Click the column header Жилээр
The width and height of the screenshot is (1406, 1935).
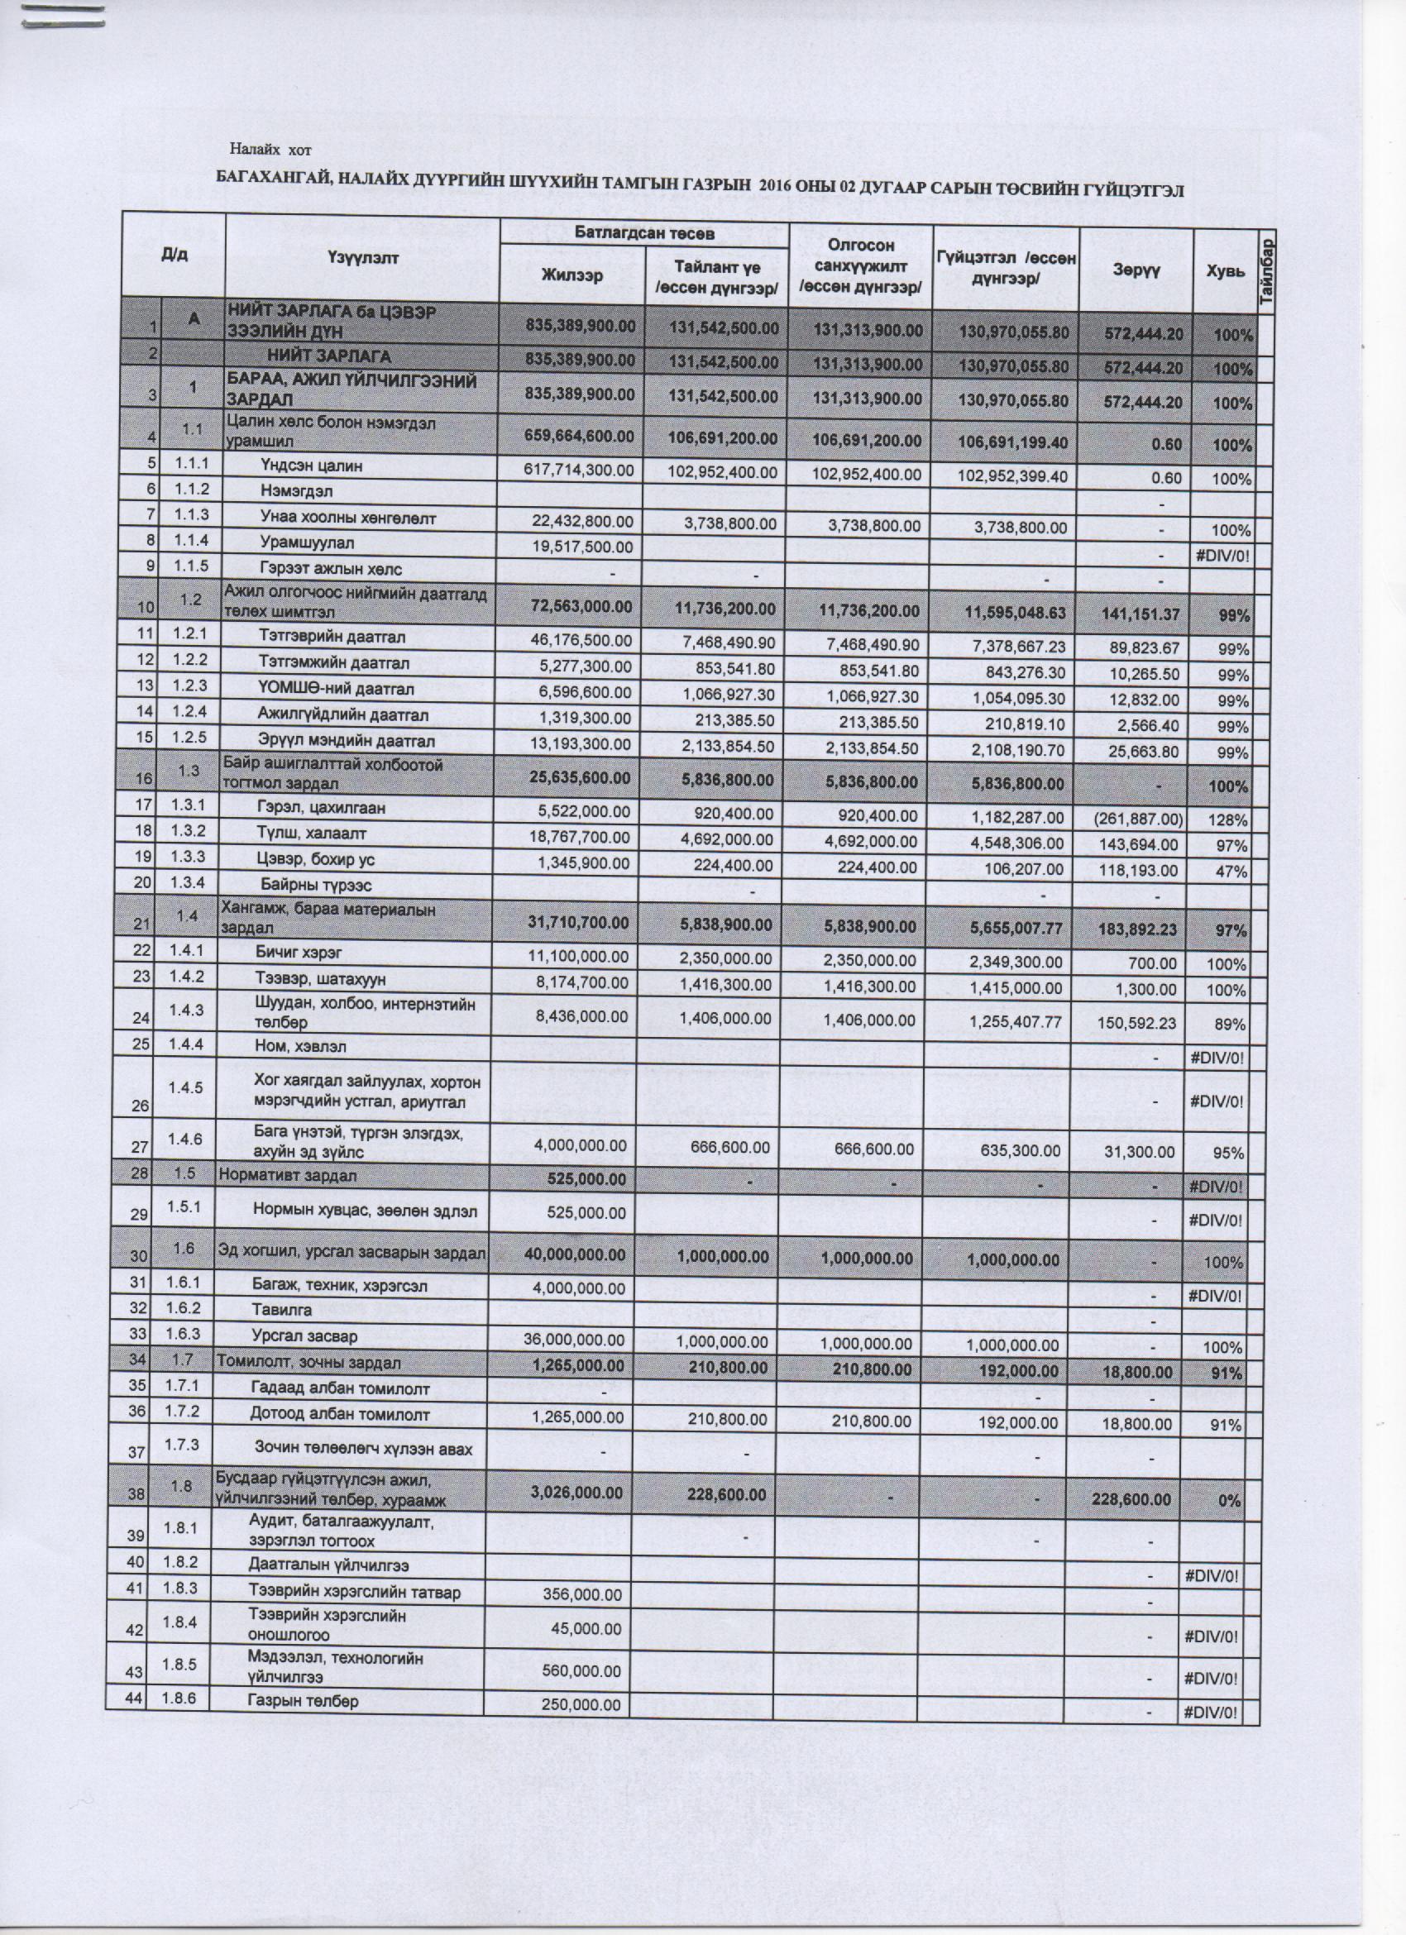tap(572, 275)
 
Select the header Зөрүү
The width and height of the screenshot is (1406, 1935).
tap(1136, 270)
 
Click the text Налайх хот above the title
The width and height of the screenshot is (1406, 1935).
tap(270, 151)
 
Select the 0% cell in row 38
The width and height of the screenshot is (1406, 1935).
tap(1228, 1501)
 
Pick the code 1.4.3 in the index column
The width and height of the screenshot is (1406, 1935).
tap(187, 1010)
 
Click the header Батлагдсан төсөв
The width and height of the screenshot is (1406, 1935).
tap(643, 233)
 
